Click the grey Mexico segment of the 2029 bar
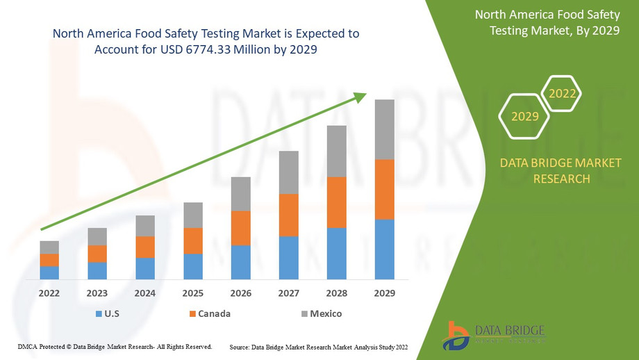(385, 129)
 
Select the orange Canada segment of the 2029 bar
(385, 189)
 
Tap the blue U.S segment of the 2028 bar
(337, 253)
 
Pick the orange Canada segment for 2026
(241, 228)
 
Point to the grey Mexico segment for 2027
(289, 172)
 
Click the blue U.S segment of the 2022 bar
(49, 272)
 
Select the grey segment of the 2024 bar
(145, 226)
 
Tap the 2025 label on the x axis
(193, 293)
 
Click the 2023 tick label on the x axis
(97, 293)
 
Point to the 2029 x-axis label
(385, 293)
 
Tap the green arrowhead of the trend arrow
(360, 97)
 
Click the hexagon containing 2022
(561, 94)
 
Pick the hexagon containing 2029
(525, 116)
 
